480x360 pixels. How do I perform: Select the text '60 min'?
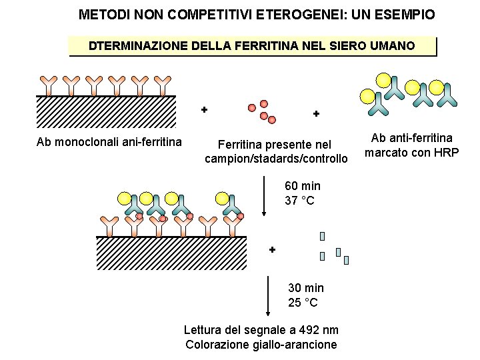(x=302, y=186)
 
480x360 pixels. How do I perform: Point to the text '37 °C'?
(x=299, y=201)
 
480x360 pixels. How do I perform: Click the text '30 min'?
(x=306, y=288)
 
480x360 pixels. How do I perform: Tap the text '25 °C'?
(x=303, y=303)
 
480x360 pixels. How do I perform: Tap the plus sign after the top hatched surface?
(x=204, y=109)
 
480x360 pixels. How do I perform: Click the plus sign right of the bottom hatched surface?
(x=272, y=249)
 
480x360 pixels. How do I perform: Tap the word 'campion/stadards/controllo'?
(x=276, y=159)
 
